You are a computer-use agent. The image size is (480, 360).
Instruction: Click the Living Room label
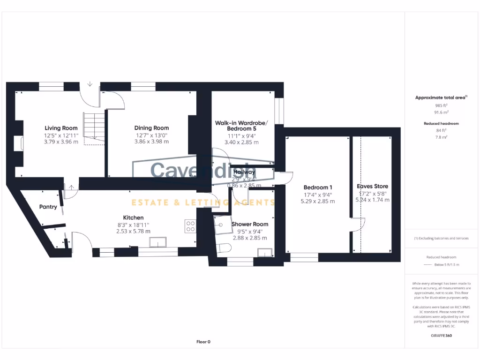[61, 128]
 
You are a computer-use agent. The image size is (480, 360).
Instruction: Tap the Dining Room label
[151, 128]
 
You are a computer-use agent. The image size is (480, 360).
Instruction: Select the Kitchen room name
[133, 217]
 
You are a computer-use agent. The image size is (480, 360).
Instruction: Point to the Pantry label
[48, 207]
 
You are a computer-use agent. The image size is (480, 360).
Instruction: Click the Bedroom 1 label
[317, 187]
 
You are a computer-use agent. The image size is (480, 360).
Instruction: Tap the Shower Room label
[250, 224]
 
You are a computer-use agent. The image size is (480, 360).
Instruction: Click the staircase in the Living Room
[94, 127]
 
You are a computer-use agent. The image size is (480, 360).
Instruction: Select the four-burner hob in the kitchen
[190, 226]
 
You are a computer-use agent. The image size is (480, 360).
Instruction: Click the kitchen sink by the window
[158, 242]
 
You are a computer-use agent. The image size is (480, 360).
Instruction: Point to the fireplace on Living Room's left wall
[18, 143]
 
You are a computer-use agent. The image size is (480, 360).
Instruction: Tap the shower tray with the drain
[220, 225]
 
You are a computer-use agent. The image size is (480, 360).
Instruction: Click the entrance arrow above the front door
[90, 84]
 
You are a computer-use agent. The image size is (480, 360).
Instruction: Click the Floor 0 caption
[203, 342]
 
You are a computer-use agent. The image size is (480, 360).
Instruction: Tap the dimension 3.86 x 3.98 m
[151, 141]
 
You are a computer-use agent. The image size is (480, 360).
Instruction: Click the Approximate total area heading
[441, 97]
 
